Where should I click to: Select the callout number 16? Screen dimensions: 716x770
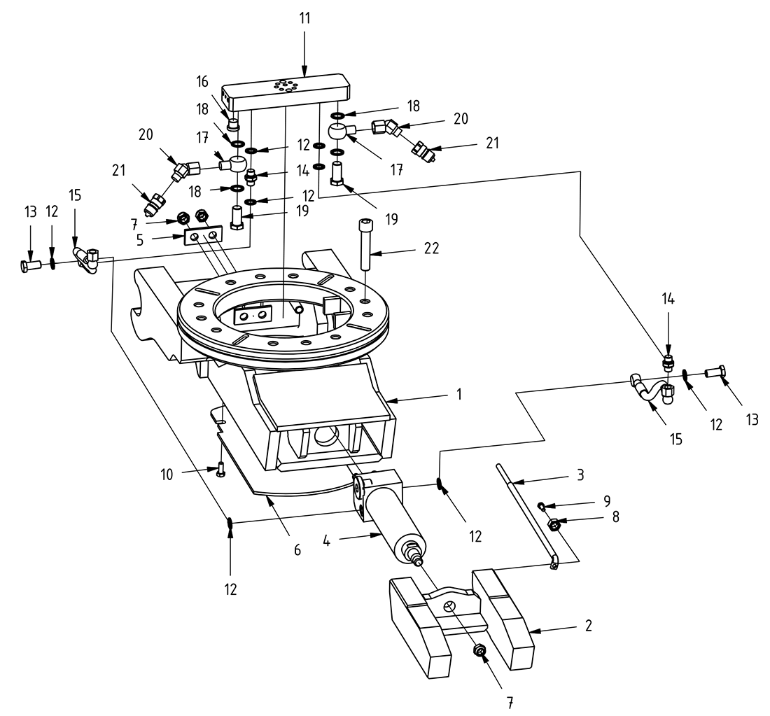202,83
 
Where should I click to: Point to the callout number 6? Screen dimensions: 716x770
297,550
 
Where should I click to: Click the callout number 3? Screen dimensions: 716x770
580,475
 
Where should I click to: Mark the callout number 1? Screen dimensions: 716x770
458,395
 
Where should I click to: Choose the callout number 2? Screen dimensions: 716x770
588,625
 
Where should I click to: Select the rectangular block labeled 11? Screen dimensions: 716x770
287,90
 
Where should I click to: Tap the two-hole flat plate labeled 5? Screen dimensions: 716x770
202,237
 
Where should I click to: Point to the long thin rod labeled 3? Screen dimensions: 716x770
525,511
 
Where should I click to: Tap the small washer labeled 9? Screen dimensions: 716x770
541,505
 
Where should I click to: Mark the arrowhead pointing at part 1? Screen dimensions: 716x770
386,400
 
